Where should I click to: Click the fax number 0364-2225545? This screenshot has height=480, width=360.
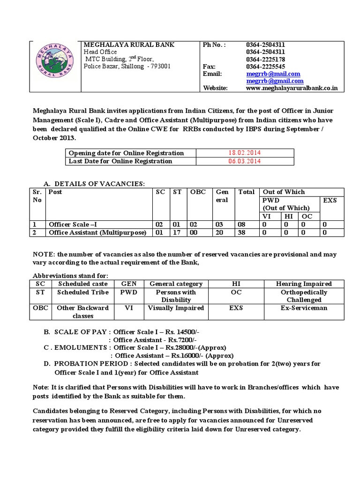[266, 67]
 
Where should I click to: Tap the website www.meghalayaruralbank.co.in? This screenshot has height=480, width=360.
[292, 88]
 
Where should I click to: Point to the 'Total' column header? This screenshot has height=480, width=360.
[247, 192]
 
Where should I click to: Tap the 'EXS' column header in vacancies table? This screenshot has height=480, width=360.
[330, 200]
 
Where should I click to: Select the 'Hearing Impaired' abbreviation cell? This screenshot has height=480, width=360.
[304, 284]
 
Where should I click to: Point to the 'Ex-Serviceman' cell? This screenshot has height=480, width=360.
[304, 308]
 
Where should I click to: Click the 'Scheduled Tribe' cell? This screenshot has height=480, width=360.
[83, 292]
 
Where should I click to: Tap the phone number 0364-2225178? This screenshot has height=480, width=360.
[266, 60]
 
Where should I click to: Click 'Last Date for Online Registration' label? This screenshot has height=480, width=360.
[120, 161]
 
